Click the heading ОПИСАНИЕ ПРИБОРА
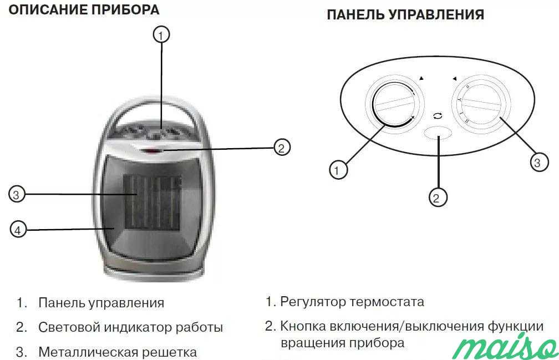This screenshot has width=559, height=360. click(x=84, y=11)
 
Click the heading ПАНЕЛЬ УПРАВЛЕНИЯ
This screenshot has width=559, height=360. click(x=405, y=14)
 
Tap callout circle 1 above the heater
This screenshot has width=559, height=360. click(x=161, y=35)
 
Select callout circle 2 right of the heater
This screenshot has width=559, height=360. click(x=282, y=148)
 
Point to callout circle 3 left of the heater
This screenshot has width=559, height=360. click(x=17, y=194)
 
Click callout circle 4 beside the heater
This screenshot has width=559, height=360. click(x=18, y=229)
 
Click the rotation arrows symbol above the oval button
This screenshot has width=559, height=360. click(x=438, y=116)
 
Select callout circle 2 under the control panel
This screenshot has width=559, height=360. click(x=438, y=197)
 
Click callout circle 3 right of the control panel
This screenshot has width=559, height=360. click(x=536, y=163)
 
